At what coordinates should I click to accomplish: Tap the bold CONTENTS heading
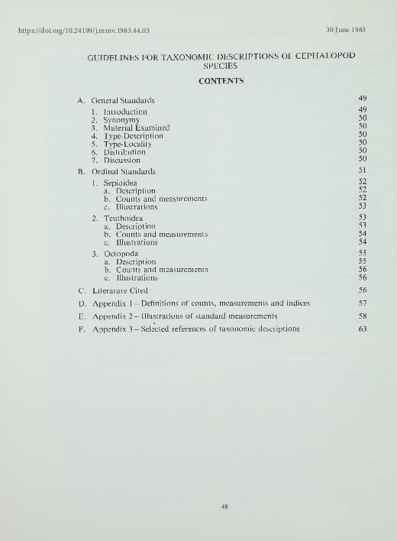[221, 81]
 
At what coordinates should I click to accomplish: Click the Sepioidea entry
[122, 183]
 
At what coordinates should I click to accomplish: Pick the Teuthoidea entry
[124, 218]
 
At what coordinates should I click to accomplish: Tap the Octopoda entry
[121, 254]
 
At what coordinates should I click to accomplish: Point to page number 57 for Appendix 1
[363, 303]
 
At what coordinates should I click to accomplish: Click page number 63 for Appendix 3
[363, 329]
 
